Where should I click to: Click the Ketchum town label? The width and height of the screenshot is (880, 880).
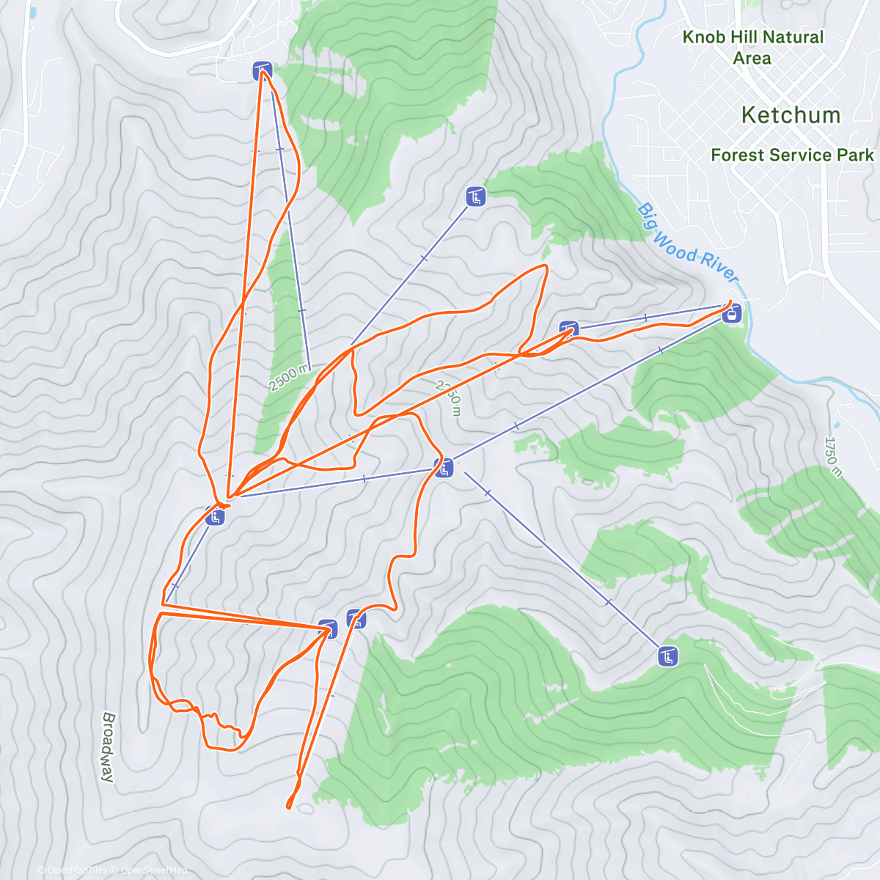[790, 115]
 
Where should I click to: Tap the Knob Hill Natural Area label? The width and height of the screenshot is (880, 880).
[752, 47]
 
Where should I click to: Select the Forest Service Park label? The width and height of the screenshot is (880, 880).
[792, 155]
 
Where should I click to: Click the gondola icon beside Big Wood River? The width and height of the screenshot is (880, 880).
[730, 315]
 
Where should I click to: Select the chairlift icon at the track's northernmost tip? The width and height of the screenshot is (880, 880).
[263, 71]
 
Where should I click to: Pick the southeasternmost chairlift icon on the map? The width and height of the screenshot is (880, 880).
[667, 656]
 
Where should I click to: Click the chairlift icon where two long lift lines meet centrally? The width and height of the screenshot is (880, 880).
[444, 468]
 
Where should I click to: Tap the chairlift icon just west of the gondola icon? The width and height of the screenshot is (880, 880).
[568, 329]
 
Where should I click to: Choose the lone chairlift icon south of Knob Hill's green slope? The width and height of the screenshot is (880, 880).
[476, 197]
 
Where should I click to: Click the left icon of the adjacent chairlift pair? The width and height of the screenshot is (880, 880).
[328, 628]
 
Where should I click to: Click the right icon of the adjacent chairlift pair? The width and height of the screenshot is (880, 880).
[356, 619]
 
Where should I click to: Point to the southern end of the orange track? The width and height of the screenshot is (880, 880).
[289, 807]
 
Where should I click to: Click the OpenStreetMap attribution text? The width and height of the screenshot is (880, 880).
[154, 870]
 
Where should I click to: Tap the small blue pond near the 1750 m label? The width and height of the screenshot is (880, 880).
[837, 424]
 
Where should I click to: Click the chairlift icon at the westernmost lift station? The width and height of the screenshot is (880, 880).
[214, 516]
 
